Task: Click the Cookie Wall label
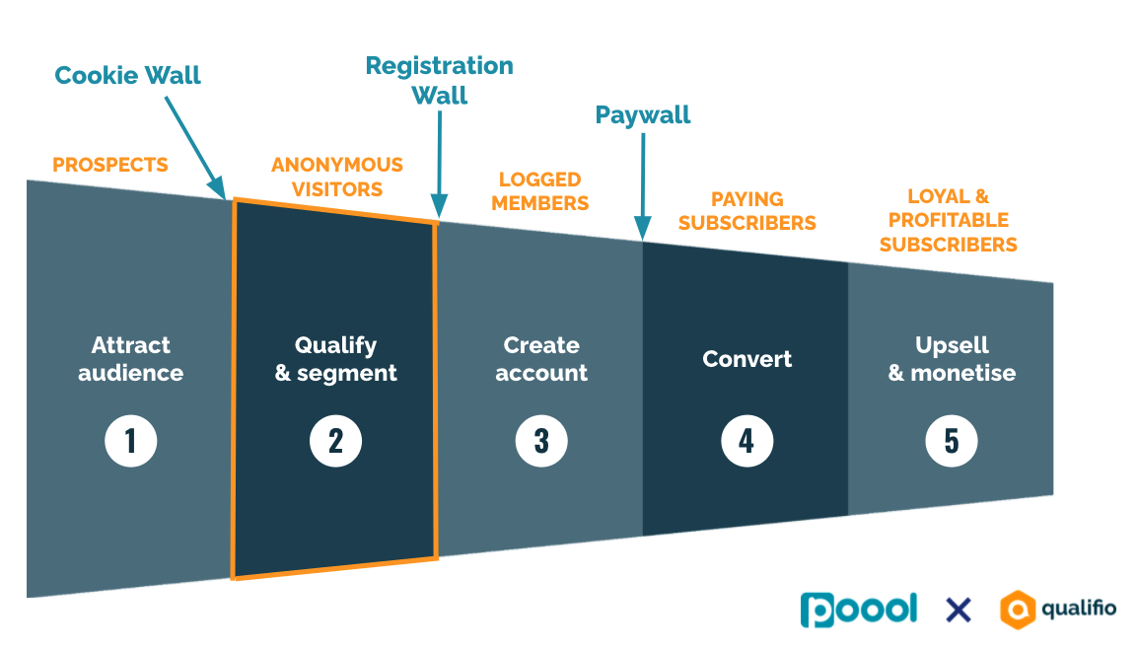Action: tap(127, 75)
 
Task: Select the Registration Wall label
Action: tap(439, 80)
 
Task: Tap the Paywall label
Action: tap(643, 115)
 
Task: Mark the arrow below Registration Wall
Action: tap(439, 164)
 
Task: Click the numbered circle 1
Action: tap(130, 441)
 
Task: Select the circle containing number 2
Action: tap(335, 441)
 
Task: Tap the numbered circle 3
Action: tap(541, 441)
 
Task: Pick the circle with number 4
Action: tap(746, 441)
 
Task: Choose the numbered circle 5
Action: tap(952, 441)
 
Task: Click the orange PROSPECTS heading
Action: tap(110, 165)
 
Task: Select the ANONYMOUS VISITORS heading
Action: tap(337, 177)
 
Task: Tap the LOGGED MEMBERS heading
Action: tap(539, 191)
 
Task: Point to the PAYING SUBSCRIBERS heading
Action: tap(746, 211)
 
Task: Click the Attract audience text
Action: tap(130, 359)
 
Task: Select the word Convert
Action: tap(746, 359)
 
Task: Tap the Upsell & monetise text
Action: tap(952, 359)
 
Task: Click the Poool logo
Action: tap(858, 609)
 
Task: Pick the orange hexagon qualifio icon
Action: tap(1018, 609)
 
